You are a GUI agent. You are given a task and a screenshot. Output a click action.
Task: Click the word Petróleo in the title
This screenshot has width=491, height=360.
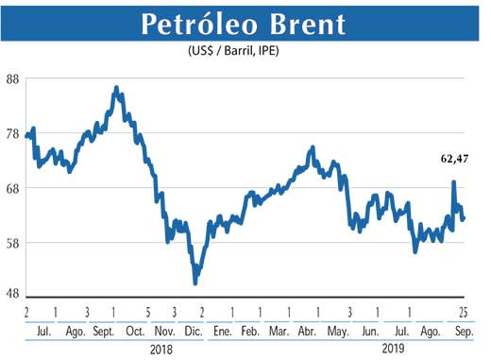pos(196,25)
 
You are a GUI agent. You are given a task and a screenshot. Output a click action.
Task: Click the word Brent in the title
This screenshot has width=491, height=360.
pos(302,25)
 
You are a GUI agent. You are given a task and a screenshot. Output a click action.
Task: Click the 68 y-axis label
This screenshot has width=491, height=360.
pos(13,188)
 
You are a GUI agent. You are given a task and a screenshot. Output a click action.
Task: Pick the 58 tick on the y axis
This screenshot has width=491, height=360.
pos(13,243)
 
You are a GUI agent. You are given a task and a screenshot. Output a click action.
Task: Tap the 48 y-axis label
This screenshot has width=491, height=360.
pos(13,293)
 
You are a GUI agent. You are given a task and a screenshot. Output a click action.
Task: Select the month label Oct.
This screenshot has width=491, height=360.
pos(134,332)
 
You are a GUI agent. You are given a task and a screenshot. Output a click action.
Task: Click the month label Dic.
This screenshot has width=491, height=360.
pos(193,332)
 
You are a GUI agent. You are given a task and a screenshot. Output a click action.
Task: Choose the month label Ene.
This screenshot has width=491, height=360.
pos(222,332)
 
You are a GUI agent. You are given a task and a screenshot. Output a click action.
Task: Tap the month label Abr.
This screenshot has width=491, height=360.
pos(307,332)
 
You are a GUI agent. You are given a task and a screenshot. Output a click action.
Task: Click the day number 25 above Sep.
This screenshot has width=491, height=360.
pos(465,312)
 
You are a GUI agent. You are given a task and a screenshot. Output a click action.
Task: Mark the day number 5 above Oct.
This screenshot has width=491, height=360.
pos(147,312)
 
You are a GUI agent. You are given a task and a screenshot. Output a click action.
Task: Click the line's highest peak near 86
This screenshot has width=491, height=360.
pos(116,88)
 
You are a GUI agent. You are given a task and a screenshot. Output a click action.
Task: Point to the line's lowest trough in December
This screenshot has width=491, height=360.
pos(195,282)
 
